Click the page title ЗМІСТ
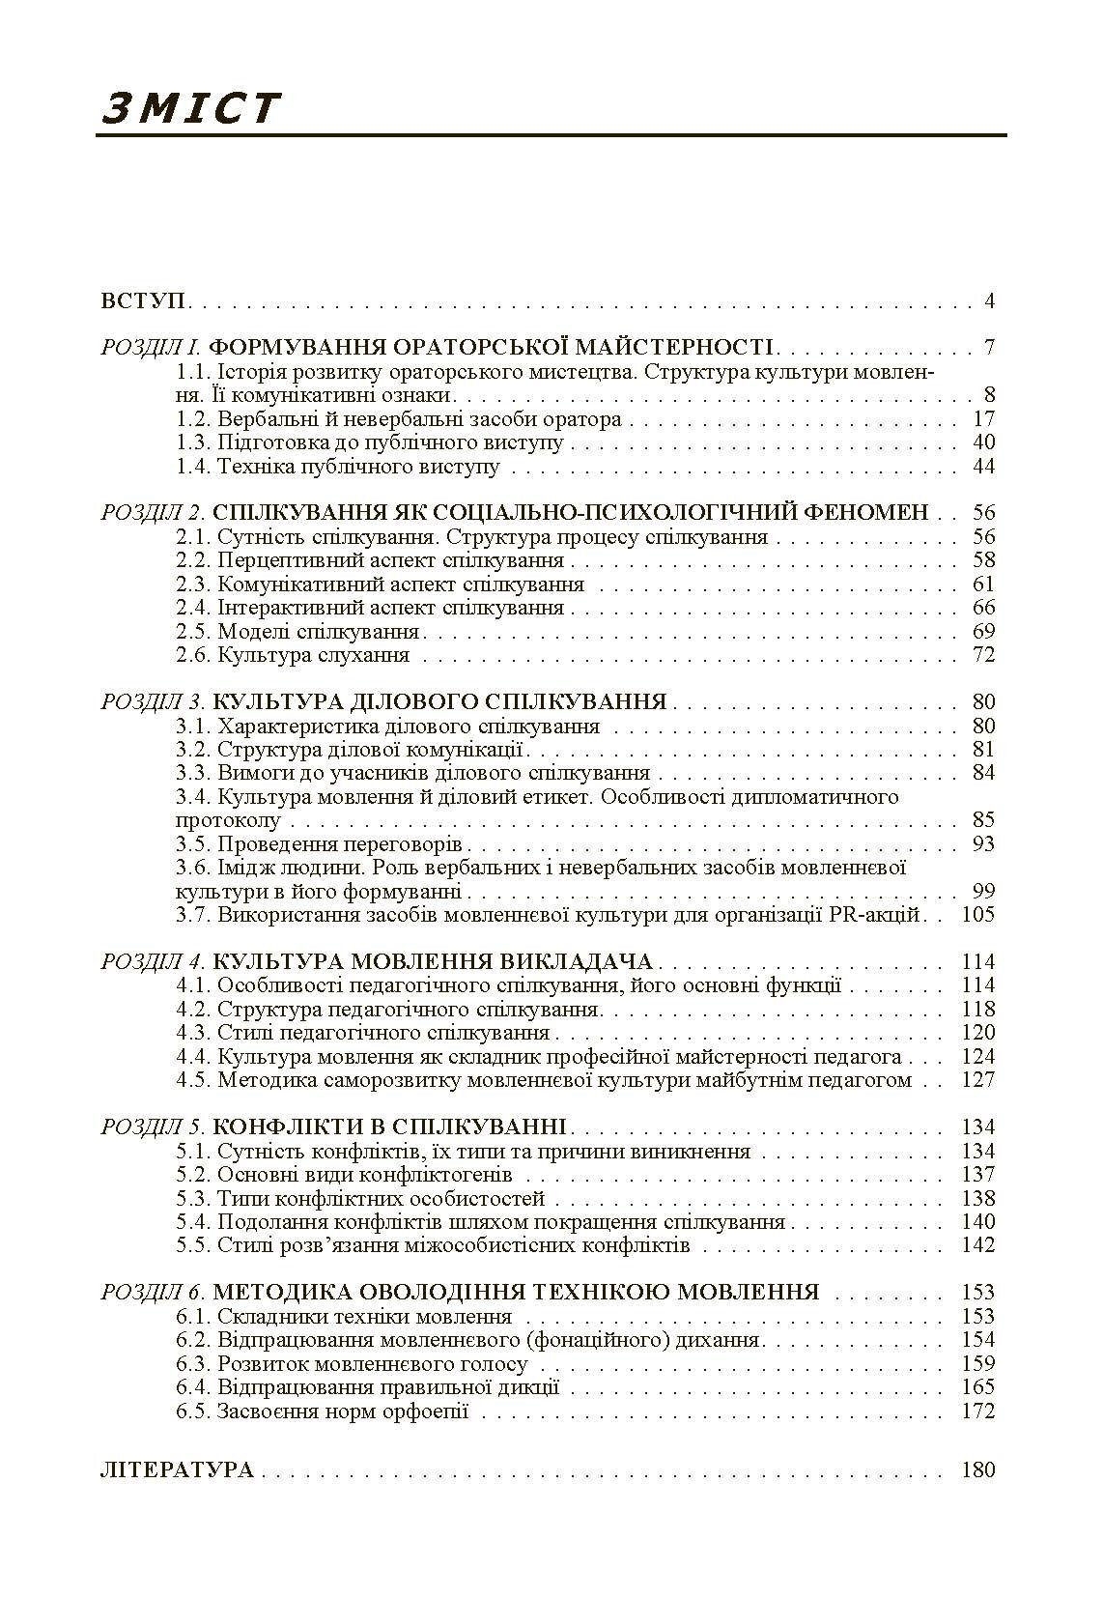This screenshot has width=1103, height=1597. [190, 108]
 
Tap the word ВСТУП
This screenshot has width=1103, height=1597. [144, 300]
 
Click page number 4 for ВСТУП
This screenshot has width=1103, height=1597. [989, 300]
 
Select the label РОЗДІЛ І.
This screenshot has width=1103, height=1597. [151, 348]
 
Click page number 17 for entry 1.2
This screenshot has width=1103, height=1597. [983, 419]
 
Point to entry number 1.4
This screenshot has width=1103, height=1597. [193, 467]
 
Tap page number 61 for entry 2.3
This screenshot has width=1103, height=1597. [983, 585]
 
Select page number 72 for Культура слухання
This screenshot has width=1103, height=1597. [983, 655]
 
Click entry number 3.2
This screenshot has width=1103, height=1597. [193, 750]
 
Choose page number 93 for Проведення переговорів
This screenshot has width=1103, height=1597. [983, 844]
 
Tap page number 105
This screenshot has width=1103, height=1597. [978, 915]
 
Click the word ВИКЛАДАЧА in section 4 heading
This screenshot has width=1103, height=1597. [577, 962]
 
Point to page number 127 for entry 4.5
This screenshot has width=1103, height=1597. [978, 1080]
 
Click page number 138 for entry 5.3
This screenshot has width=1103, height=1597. [978, 1199]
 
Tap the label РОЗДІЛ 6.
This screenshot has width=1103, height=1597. [153, 1293]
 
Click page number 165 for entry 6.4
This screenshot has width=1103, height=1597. [978, 1387]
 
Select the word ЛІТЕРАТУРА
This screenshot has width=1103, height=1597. [177, 1470]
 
